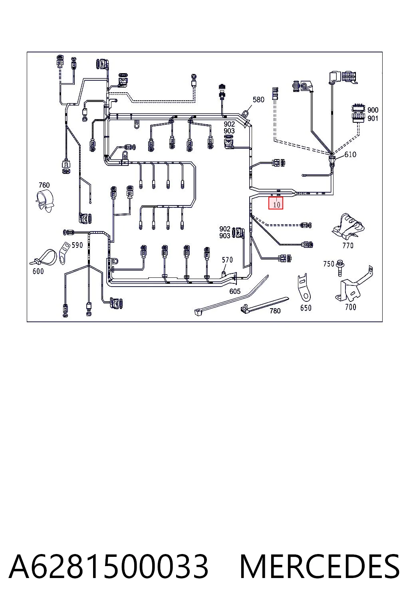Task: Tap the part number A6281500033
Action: point(109,567)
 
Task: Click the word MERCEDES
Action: point(320,567)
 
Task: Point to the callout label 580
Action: point(258,100)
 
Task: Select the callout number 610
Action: point(350,154)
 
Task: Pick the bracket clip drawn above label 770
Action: point(347,226)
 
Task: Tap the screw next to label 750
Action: point(340,268)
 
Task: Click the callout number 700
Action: point(350,307)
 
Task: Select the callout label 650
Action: point(306,308)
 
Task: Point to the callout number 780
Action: point(275,311)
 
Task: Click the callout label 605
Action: point(235,291)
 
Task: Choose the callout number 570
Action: point(227,259)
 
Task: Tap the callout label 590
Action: point(77,245)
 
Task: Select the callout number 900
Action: point(373,110)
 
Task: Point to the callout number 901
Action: point(373,118)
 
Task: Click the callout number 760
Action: point(44,185)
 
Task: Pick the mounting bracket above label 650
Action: point(304,287)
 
